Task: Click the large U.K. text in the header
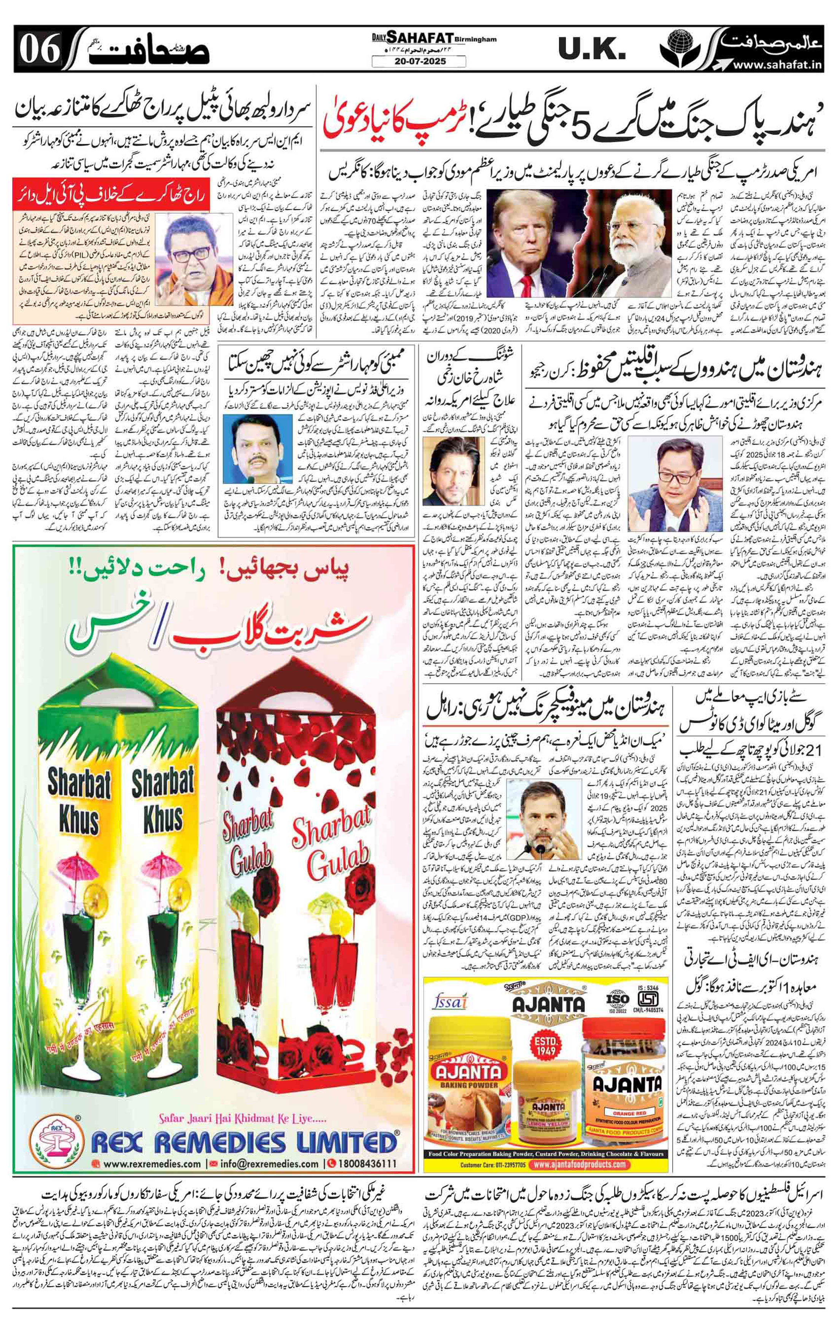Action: click(x=590, y=50)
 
